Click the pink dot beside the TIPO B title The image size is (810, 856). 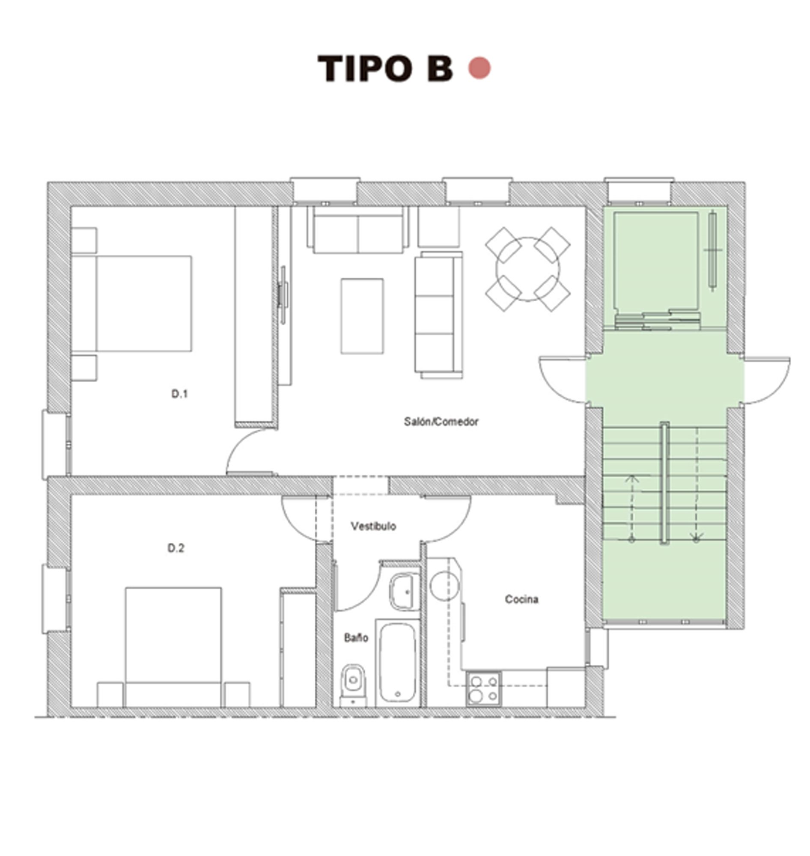tap(479, 68)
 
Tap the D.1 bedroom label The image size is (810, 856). tap(180, 394)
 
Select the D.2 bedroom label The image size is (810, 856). tap(176, 548)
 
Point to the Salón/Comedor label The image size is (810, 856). tap(441, 422)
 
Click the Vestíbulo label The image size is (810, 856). tap(373, 526)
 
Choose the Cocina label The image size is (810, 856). tap(521, 599)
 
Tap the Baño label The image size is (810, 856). tap(356, 638)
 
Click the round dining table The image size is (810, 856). tap(527, 269)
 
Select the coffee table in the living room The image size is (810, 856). tap(362, 316)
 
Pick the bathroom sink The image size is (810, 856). tap(404, 592)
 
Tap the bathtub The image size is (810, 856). tap(397, 663)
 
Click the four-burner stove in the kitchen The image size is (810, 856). tap(484, 688)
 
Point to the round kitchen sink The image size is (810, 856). tap(444, 587)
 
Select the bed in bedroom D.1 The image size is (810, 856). tap(138, 303)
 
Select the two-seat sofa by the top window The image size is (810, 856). tap(357, 230)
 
